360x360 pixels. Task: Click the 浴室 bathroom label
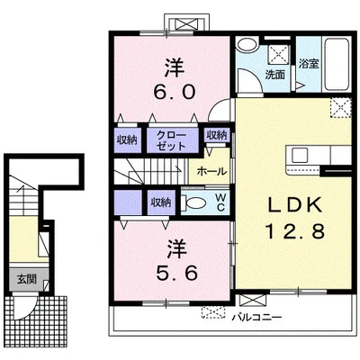click(309, 63)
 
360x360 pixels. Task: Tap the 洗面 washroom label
click(274, 75)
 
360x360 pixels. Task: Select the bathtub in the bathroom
click(337, 65)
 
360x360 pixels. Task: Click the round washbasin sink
click(247, 45)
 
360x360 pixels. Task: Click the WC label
click(220, 202)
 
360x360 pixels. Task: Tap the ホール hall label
click(211, 171)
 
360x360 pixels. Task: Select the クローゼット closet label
click(171, 140)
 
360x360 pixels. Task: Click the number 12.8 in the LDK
click(295, 231)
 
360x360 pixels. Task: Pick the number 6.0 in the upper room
click(174, 92)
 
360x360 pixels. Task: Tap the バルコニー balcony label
click(257, 317)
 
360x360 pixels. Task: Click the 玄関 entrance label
click(27, 279)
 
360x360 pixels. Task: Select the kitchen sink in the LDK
click(299, 156)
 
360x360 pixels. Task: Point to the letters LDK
click(294, 205)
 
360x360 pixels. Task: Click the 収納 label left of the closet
click(127, 140)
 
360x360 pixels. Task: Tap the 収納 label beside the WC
click(161, 202)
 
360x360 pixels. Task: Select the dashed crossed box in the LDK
click(341, 108)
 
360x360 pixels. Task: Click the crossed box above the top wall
click(187, 23)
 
